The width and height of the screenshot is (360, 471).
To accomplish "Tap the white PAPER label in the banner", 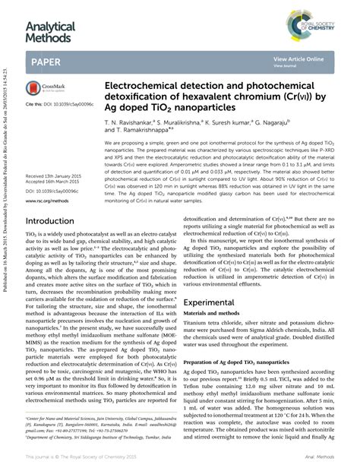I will [46, 60].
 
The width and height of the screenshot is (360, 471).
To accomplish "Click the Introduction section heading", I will [61, 221].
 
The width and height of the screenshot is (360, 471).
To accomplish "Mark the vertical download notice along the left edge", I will [5, 235].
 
